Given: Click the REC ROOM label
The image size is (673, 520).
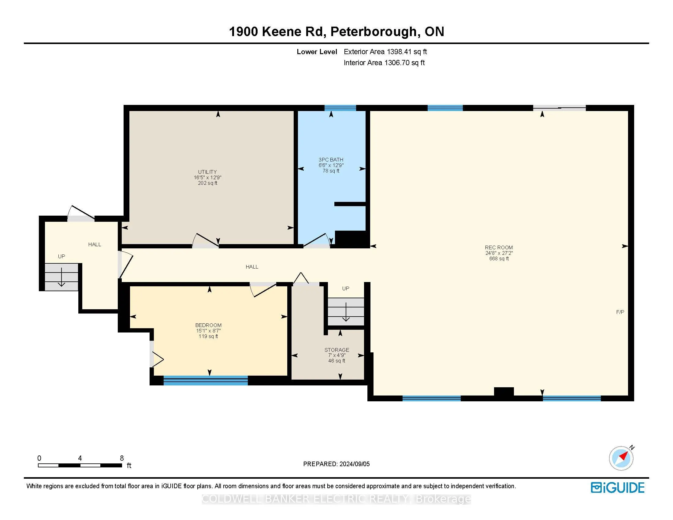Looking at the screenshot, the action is [499, 247].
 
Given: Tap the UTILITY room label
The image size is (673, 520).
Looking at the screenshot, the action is [207, 172].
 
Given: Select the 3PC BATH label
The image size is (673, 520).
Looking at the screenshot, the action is [331, 160].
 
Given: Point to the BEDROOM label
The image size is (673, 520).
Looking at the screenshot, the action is [208, 325].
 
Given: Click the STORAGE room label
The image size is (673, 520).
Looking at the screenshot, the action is [337, 350].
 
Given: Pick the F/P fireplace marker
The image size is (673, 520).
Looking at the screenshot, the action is [620, 312].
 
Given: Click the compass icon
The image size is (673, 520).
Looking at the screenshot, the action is [621, 458].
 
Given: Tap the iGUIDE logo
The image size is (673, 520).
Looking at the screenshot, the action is [618, 488].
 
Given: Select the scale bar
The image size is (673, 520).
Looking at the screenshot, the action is [80, 465].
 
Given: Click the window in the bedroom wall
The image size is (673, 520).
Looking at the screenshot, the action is [206, 381].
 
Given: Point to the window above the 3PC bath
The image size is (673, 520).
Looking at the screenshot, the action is [340, 108].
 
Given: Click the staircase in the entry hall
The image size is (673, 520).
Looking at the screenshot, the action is [61, 277].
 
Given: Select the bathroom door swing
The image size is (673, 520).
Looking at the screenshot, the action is [317, 240].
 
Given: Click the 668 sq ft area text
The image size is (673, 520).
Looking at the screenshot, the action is [499, 258].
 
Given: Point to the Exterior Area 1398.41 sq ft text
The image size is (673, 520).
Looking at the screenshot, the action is [385, 52].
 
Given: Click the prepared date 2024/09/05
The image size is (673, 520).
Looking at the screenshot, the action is [354, 464].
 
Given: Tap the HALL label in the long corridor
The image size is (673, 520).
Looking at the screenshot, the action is [252, 267].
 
